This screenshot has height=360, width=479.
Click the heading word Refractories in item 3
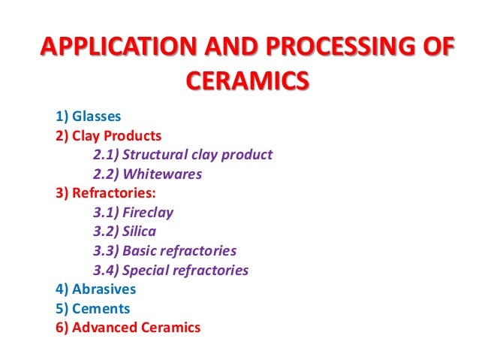coord(113,193)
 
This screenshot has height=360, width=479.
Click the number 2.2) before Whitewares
coord(105,174)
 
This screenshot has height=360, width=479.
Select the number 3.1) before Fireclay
coord(105,213)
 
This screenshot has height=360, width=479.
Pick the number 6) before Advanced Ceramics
coord(62,328)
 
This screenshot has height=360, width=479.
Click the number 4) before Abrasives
coord(62,289)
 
